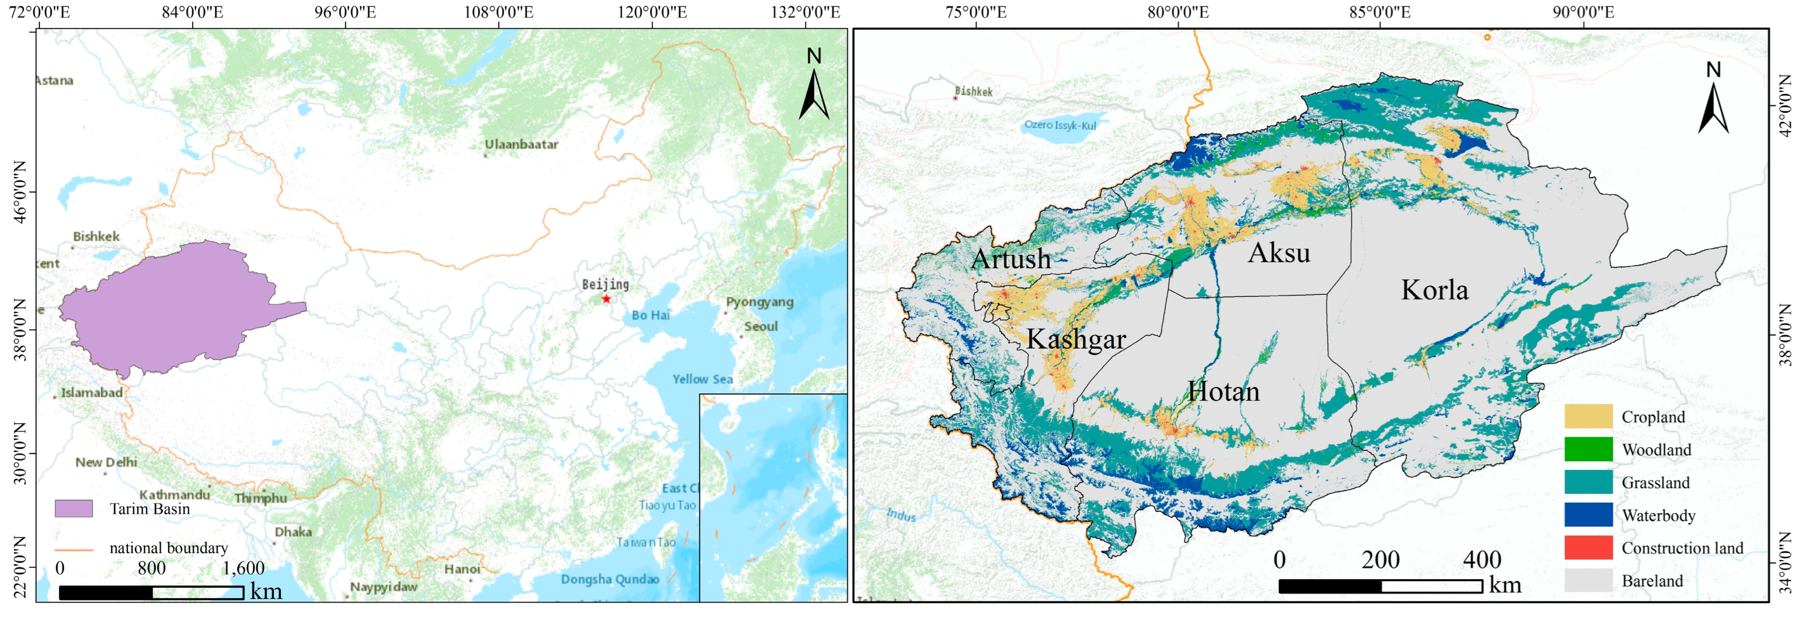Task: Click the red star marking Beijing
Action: pos(606,299)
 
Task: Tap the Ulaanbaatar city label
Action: pos(521,145)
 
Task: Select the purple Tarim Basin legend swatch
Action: pos(73,509)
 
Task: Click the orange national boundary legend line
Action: pos(73,549)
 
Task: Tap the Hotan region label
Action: pos(1224,392)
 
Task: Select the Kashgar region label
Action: pos(1076,340)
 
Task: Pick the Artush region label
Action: pos(1011,259)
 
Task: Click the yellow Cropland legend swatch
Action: pos(1588,416)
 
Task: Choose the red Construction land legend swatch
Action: pos(1588,548)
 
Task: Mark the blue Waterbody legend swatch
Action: pos(1588,515)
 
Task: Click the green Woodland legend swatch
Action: pos(1588,449)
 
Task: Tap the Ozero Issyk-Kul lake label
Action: pos(1060,125)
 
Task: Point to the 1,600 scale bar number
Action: pos(243,568)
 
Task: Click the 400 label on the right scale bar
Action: pos(1481,559)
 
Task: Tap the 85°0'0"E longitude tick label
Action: pos(1379,12)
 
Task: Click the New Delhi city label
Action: pos(106,463)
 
